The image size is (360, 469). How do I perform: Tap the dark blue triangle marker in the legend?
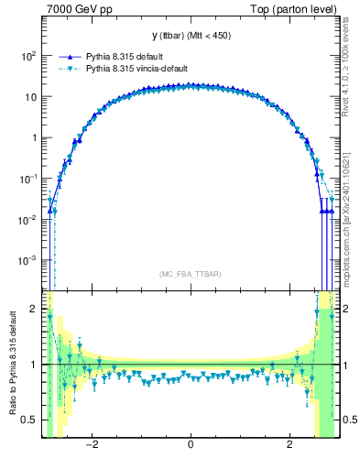[x=68, y=55]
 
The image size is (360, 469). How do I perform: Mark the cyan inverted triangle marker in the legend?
[x=68, y=68]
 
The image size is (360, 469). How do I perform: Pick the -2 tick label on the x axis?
[x=92, y=446]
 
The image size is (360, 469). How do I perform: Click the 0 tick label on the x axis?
[x=190, y=446]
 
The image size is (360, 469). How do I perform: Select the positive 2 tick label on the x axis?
[x=289, y=446]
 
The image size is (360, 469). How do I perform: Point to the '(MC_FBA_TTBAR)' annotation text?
[x=190, y=274]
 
